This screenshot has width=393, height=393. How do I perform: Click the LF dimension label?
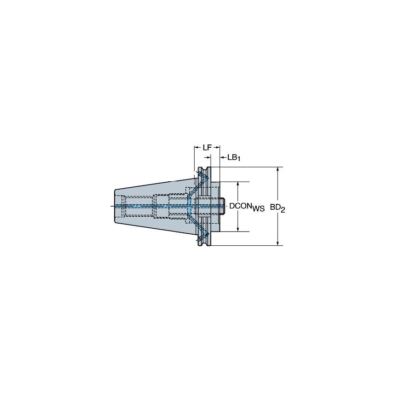(x=207, y=147)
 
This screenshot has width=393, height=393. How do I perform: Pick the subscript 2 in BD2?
(x=283, y=210)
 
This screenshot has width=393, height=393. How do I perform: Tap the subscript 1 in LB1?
(x=239, y=159)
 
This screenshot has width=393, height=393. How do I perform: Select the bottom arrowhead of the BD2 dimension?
(x=277, y=243)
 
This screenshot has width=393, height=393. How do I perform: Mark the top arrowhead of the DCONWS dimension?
(x=238, y=184)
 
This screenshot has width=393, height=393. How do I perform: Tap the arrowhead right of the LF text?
(x=217, y=147)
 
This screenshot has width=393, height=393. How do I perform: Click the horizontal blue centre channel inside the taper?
(x=152, y=206)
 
